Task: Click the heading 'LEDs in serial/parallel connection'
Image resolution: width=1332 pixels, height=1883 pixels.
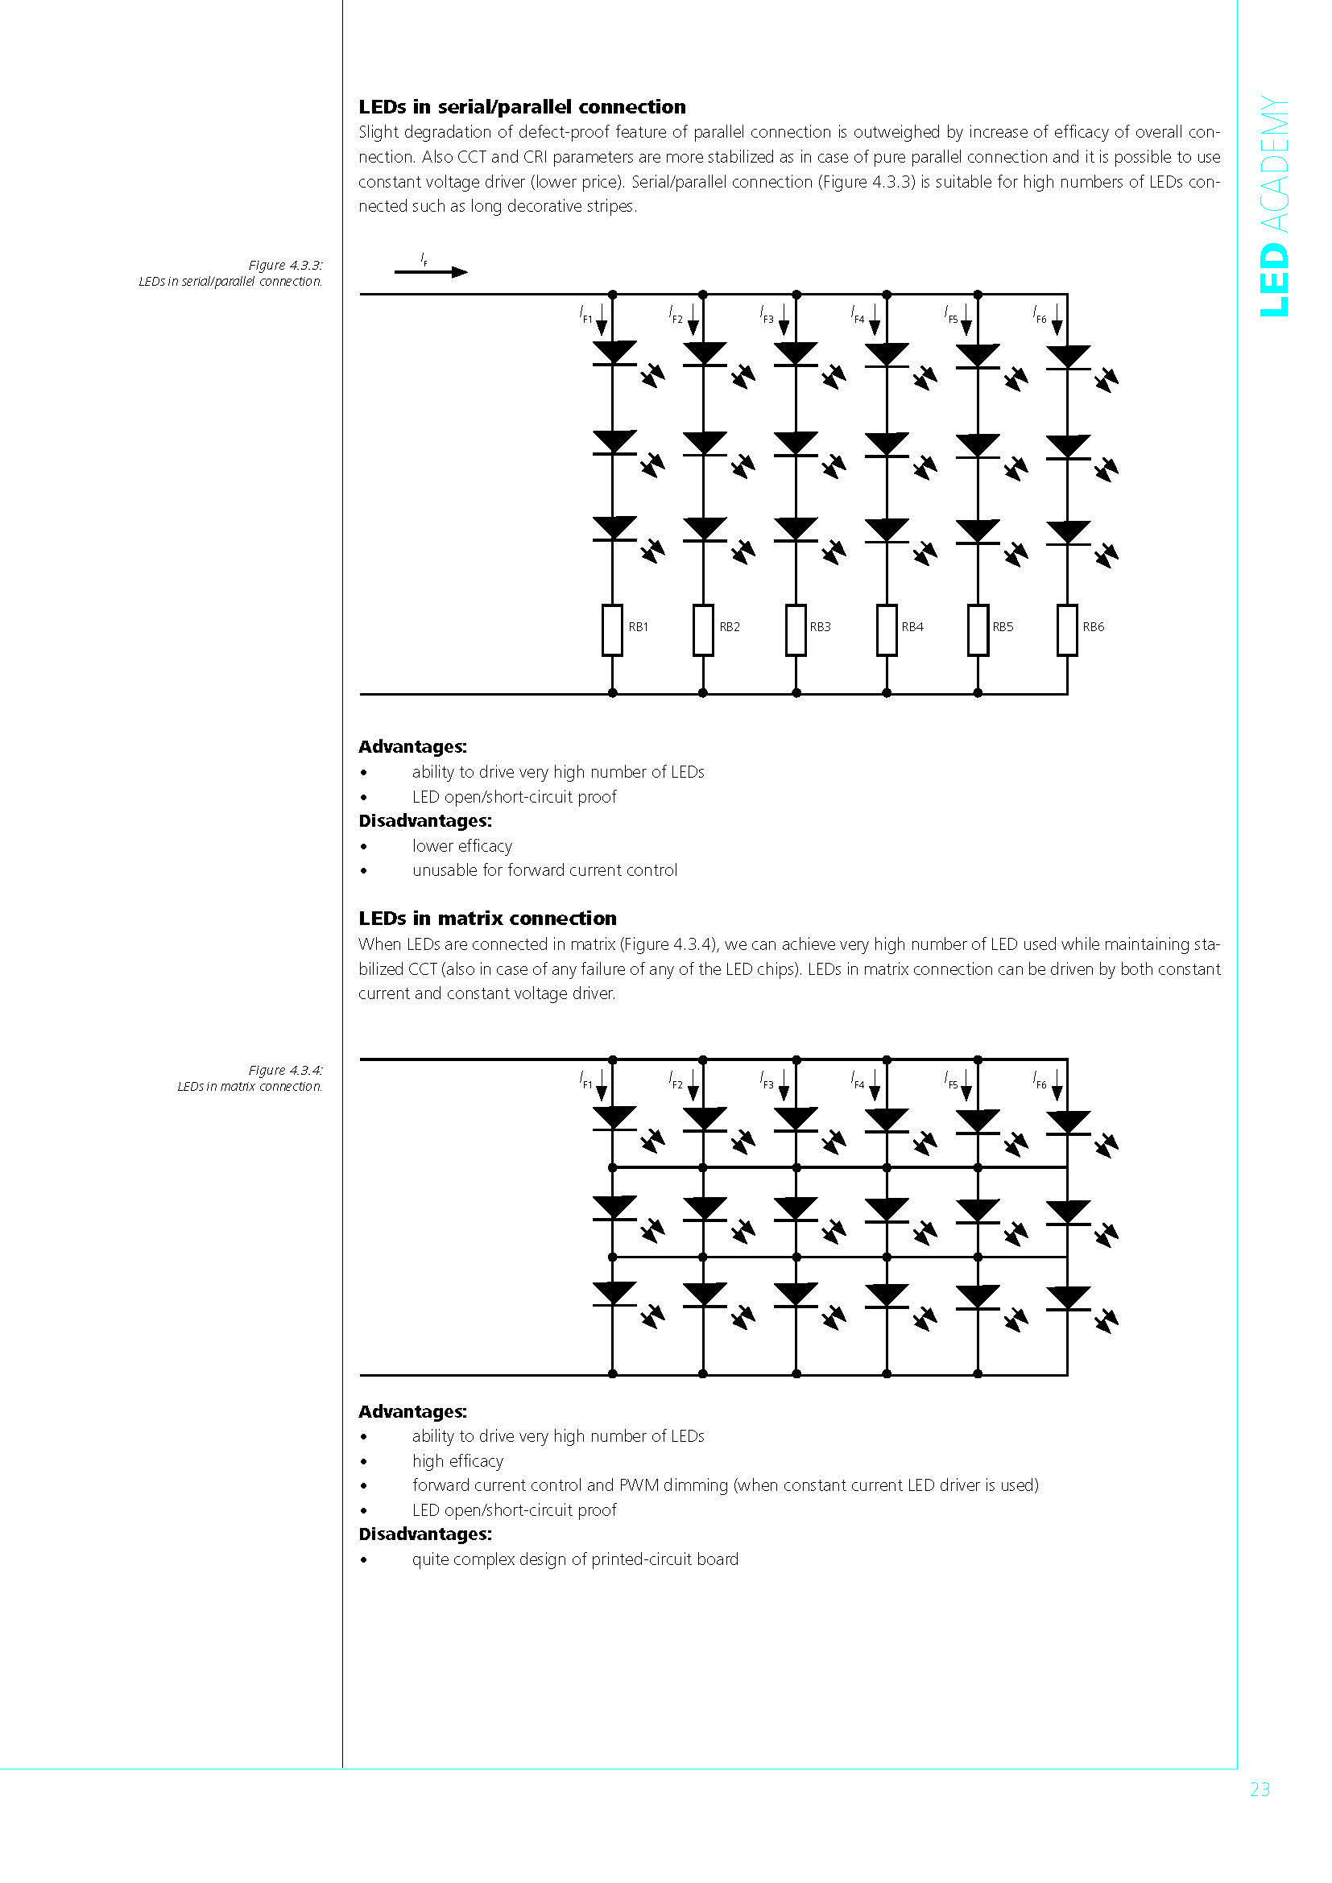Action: [x=522, y=106]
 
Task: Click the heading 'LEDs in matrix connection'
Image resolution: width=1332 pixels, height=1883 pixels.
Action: [x=487, y=918]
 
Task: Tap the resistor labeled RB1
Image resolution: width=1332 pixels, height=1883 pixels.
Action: [x=612, y=630]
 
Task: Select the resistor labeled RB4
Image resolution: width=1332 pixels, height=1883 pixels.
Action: [x=887, y=630]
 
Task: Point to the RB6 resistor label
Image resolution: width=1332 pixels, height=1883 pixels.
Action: [x=1093, y=626]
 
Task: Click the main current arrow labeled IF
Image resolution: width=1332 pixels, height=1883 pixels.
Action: [x=431, y=271]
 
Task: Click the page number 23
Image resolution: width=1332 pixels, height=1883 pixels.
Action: [x=1259, y=1789]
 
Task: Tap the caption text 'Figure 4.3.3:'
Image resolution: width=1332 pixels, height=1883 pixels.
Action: [x=285, y=265]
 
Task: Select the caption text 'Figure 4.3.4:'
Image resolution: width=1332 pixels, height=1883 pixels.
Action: [x=285, y=1069]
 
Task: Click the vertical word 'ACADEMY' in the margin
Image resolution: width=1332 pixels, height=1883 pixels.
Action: [x=1274, y=164]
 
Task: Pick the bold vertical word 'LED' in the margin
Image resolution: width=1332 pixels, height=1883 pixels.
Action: [x=1274, y=279]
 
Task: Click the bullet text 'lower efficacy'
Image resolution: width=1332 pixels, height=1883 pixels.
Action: [x=461, y=845]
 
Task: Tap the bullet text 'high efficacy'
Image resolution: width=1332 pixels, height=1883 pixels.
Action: [x=457, y=1460]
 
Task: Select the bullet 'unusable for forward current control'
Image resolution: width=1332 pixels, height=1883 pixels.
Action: [x=544, y=870]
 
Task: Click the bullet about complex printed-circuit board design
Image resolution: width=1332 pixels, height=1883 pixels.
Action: [x=575, y=1559]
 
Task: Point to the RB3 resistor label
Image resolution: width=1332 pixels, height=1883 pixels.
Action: [x=820, y=626]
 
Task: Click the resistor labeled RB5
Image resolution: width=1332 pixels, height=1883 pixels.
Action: [x=978, y=630]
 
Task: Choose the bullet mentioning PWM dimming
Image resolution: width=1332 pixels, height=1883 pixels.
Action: [x=725, y=1485]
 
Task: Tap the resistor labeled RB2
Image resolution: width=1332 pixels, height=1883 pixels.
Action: [x=703, y=630]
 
